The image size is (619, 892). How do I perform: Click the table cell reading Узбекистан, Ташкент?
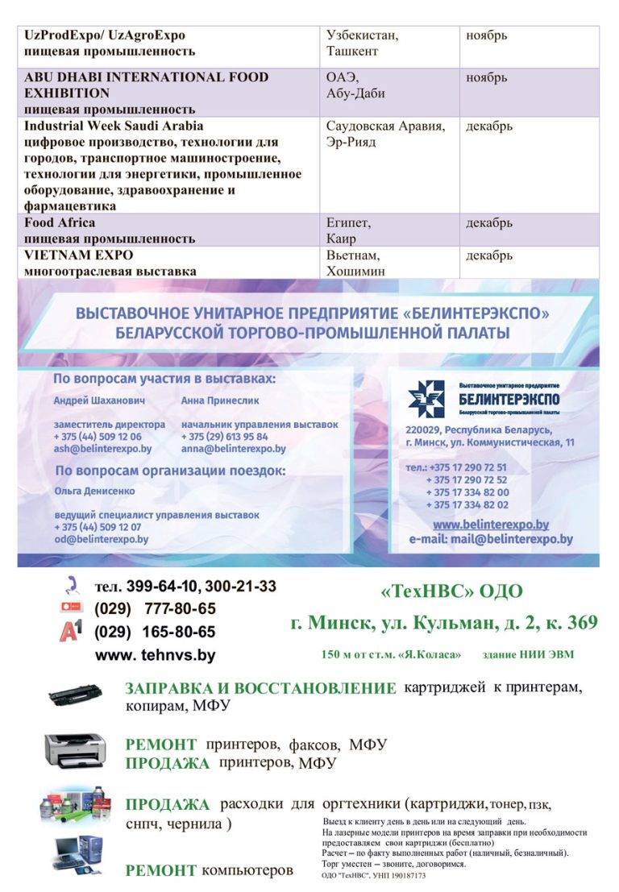[x=363, y=44]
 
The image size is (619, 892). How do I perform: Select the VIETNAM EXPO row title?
[x=79, y=255]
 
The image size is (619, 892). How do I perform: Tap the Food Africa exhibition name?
[x=60, y=222]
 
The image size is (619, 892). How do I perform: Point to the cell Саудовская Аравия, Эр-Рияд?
[x=385, y=135]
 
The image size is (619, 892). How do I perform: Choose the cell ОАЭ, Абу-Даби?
[x=355, y=85]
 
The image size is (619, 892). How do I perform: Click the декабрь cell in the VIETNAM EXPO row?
[x=489, y=255]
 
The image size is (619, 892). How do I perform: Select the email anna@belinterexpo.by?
[x=234, y=449]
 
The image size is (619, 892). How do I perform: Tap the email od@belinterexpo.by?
[x=102, y=539]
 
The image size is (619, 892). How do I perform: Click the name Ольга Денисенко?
[x=94, y=491]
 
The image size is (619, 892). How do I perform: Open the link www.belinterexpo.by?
[x=491, y=524]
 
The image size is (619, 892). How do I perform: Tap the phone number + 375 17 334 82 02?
[x=467, y=504]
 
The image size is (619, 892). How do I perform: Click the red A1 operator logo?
[x=71, y=631]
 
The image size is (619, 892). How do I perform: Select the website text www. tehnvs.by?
[x=156, y=655]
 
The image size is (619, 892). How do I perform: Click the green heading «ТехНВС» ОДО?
[x=451, y=592]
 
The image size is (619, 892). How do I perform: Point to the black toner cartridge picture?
[x=75, y=694]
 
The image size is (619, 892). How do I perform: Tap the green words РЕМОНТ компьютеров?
[x=209, y=870]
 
